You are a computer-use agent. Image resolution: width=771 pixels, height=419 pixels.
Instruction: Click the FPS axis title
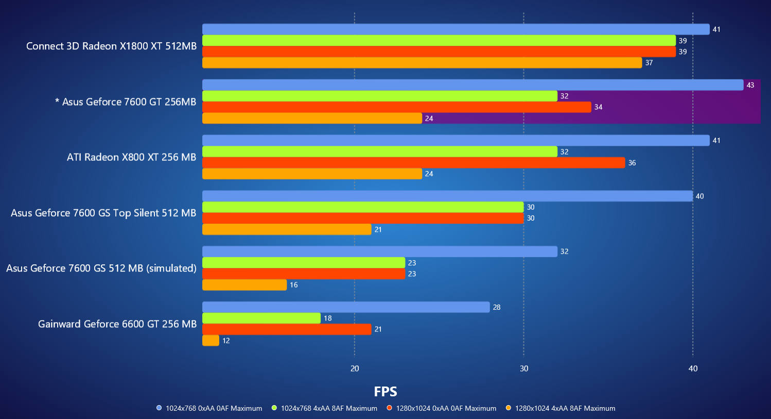(385, 392)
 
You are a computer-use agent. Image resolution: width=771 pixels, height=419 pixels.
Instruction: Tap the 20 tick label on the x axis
(355, 368)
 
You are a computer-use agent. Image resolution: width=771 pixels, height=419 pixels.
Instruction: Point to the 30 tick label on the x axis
(524, 368)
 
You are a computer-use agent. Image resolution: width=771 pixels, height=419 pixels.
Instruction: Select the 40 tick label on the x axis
(693, 368)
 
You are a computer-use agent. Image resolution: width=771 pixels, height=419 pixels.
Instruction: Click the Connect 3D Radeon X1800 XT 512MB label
(111, 46)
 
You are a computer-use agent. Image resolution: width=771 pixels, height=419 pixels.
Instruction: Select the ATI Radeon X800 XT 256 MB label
(131, 157)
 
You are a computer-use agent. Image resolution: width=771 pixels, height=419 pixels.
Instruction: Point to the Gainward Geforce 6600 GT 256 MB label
(117, 324)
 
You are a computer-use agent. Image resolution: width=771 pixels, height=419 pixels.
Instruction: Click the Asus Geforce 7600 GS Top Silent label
(103, 213)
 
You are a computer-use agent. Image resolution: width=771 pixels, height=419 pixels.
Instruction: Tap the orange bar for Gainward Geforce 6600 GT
(211, 341)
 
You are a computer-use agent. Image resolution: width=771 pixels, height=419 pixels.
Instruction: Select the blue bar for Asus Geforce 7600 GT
(472, 85)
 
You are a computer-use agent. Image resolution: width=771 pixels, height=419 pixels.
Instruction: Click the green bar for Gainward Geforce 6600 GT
(261, 318)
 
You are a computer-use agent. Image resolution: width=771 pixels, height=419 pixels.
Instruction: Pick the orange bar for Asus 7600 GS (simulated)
(244, 285)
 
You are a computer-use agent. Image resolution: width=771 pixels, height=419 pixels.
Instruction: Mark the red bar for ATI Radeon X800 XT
(413, 163)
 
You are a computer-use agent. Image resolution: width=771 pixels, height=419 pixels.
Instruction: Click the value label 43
(750, 85)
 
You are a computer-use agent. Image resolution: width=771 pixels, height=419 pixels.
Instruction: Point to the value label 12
(226, 341)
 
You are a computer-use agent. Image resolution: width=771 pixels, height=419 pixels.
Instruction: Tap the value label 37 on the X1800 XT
(649, 63)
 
